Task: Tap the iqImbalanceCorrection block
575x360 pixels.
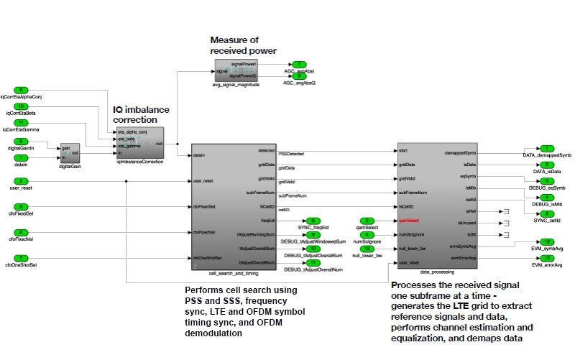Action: coord(139,141)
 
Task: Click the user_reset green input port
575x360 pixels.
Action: coord(22,180)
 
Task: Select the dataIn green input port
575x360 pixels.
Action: coord(22,157)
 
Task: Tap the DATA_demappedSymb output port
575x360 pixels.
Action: coord(548,147)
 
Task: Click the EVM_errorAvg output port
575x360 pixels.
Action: coord(548,258)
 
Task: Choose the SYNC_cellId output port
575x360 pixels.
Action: coord(548,213)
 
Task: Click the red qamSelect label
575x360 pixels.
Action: coord(408,221)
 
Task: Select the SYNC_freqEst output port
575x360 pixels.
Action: coord(314,220)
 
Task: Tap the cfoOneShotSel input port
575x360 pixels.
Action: coord(22,258)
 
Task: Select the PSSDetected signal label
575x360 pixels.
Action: coord(290,154)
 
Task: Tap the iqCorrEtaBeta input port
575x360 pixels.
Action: coord(22,106)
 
